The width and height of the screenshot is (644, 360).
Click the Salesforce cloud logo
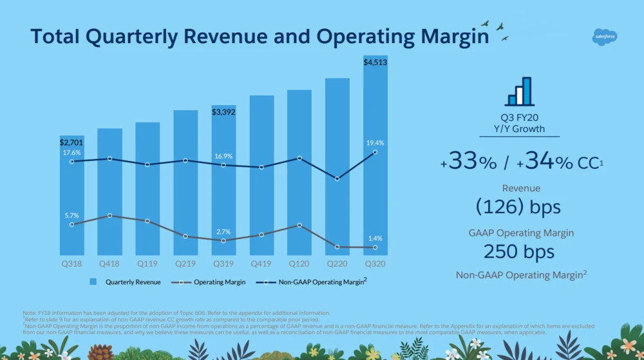605,38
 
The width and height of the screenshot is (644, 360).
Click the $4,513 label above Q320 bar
375,62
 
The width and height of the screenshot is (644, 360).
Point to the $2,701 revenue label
71,142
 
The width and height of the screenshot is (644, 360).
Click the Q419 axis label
261,263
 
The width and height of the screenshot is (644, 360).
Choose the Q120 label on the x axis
299,263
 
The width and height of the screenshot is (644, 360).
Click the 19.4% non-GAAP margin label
375,143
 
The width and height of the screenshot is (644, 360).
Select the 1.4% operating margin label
375,238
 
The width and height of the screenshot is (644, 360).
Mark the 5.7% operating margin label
71,215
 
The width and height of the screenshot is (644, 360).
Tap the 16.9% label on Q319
224,156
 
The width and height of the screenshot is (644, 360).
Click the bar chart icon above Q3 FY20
520,91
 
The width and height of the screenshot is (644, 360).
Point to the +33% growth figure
468,162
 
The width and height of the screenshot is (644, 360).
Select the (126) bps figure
518,207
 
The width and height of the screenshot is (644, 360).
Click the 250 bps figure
518,252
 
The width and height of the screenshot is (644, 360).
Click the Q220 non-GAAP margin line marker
337,178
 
